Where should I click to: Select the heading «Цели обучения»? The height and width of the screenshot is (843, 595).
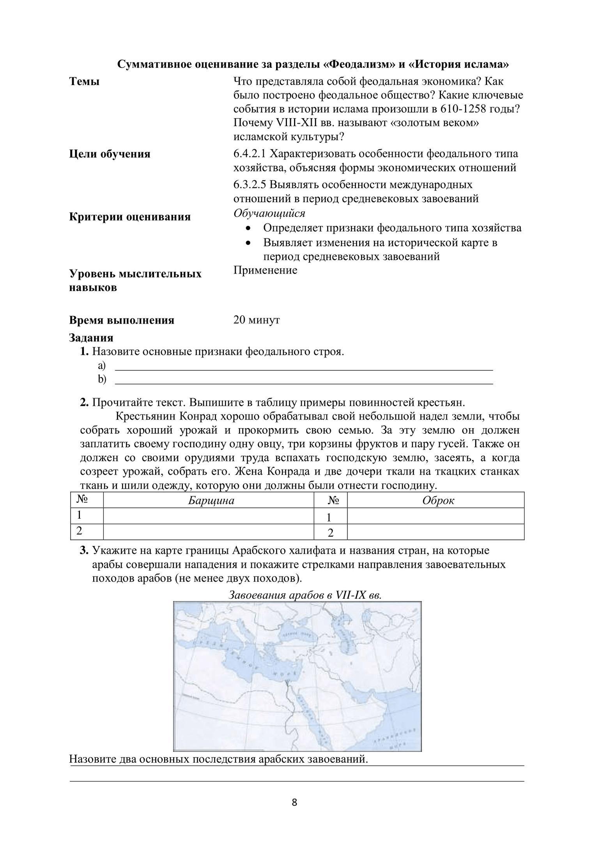(110, 154)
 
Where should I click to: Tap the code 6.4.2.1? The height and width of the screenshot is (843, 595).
(250, 154)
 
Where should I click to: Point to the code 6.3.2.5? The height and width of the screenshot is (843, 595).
(250, 184)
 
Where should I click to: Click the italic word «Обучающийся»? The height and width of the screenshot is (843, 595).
(269, 213)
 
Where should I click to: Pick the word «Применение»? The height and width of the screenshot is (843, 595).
(265, 270)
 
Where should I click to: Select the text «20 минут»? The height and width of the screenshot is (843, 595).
(257, 320)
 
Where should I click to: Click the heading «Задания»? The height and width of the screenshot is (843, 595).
(91, 338)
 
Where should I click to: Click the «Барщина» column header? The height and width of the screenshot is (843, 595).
(211, 500)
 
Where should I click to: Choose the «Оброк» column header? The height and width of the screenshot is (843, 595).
(438, 500)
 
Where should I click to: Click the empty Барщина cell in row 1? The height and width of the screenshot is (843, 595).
(209, 516)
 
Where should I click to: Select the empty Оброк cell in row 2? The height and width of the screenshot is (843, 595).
(435, 532)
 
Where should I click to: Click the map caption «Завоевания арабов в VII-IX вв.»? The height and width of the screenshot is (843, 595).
(305, 595)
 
